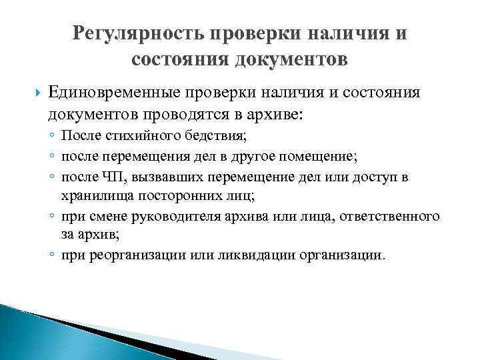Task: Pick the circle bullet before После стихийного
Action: point(51,137)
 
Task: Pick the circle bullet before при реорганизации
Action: point(51,257)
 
